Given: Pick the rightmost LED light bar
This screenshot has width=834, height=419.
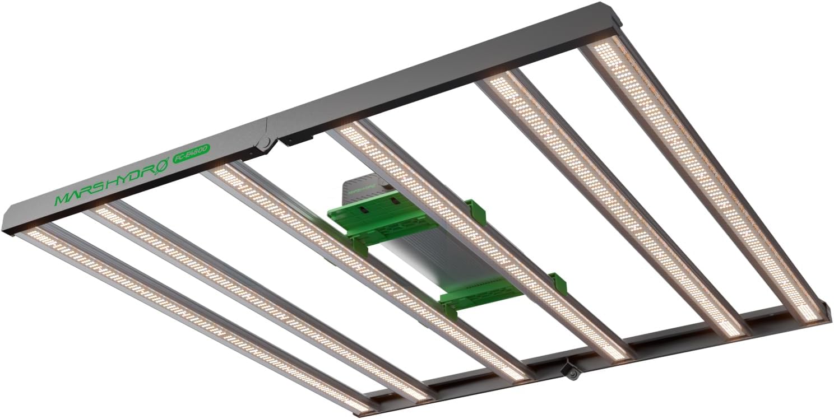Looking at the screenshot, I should tap(701, 179).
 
